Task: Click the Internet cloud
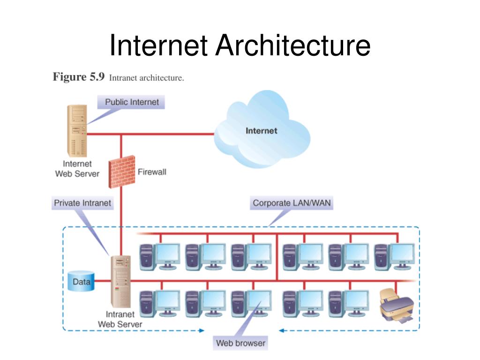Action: coord(262,130)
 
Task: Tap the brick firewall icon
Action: coord(122,172)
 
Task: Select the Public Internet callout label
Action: coord(131,102)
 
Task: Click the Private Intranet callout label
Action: coord(82,203)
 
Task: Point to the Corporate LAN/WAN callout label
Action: coord(292,203)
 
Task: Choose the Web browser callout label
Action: coord(240,343)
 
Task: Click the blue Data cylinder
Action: coord(81,281)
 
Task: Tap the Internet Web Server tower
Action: coord(77,131)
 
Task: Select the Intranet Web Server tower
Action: coord(121,281)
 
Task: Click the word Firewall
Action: coord(152,172)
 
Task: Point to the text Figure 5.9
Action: coord(79,76)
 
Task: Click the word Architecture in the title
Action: coord(293,45)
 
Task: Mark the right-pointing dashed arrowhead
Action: coord(202,330)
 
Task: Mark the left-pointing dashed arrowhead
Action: coord(282,330)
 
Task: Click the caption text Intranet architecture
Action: coord(146,78)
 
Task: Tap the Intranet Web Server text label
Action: coord(120,319)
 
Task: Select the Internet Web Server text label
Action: coord(77,169)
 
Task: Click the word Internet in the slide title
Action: coord(158,45)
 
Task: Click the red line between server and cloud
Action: coord(150,134)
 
